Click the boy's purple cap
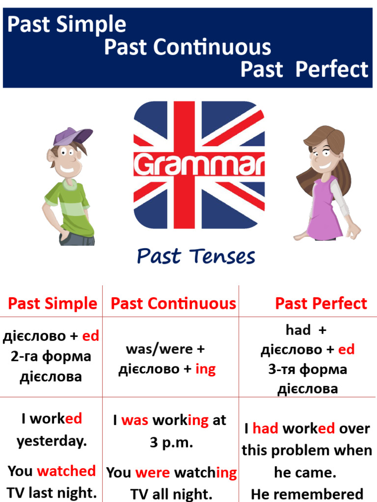pos(72,136)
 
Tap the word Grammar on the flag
pos(199,165)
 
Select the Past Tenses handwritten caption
pos(196,256)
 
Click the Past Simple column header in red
pos(53,303)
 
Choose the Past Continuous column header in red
pos(173,303)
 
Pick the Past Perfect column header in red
pos(321,303)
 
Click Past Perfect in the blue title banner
pos(304,69)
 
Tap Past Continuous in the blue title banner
pos(188,47)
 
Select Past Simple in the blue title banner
pos(67,24)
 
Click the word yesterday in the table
pos(52,441)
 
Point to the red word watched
pos(66,471)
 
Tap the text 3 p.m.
pos(171,443)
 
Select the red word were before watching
pos(153,473)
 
